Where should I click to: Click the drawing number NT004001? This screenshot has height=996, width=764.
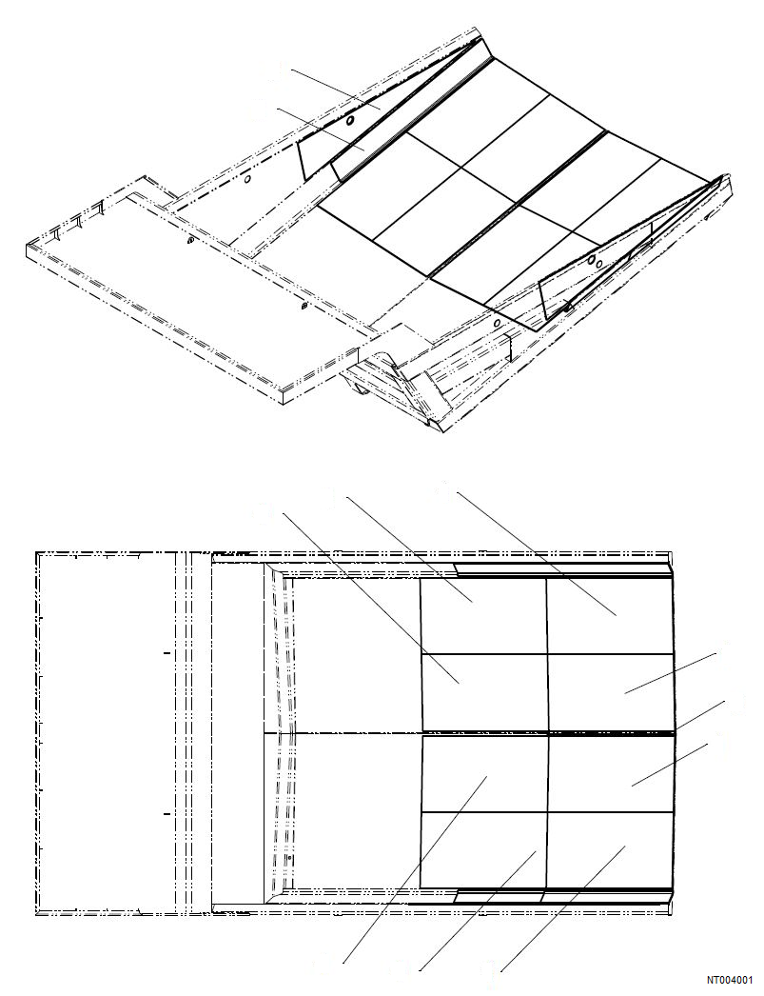point(729,979)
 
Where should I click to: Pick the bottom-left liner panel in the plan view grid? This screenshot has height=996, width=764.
point(483,847)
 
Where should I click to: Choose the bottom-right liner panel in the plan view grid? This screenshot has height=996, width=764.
point(609,847)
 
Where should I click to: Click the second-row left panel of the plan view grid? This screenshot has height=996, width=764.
point(483,693)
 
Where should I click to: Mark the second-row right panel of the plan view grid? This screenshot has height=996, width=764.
point(609,693)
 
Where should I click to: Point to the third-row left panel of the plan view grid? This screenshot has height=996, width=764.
point(483,772)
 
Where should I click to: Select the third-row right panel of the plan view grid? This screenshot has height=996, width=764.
point(609,772)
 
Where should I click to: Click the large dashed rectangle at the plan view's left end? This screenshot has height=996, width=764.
point(105,733)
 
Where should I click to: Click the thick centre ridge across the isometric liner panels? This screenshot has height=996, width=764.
point(519,205)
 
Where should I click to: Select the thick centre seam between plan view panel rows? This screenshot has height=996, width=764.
point(547,733)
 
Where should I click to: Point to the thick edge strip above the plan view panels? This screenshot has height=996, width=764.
point(561,570)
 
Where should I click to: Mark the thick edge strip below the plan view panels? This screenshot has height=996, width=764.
point(561,896)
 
